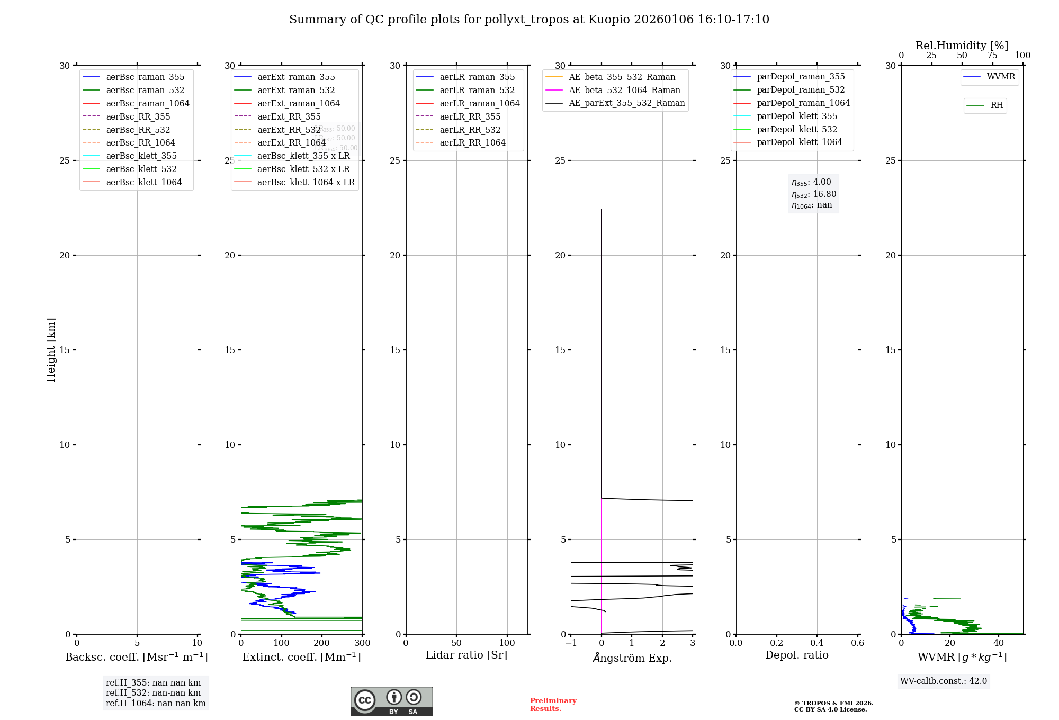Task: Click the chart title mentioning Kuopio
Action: pyautogui.click(x=529, y=20)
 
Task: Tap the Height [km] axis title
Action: pyautogui.click(x=51, y=350)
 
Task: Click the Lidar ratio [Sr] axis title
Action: pyautogui.click(x=466, y=655)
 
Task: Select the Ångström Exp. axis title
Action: pyautogui.click(x=632, y=658)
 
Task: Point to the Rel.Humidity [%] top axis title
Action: pyautogui.click(x=962, y=46)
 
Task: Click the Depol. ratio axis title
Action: pyautogui.click(x=796, y=655)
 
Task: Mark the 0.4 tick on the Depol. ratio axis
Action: pyautogui.click(x=816, y=643)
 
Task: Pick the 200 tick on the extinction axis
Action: pyautogui.click(x=322, y=643)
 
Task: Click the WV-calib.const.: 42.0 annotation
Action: pyautogui.click(x=944, y=681)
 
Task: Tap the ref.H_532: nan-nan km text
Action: pyautogui.click(x=154, y=693)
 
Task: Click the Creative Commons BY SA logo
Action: pyautogui.click(x=391, y=701)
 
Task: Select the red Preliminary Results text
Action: pyautogui.click(x=553, y=705)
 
